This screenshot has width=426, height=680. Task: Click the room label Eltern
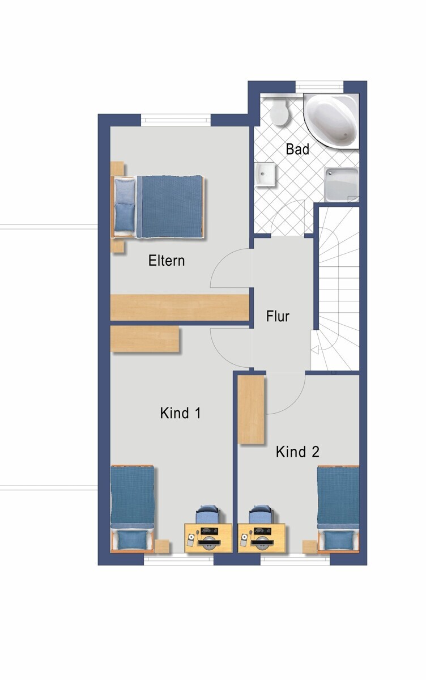click(x=167, y=261)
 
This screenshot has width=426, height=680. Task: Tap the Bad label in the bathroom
click(x=297, y=150)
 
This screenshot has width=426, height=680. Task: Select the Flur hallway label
click(x=278, y=316)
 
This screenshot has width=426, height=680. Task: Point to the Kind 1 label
click(x=181, y=413)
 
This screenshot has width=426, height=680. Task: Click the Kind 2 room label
click(x=297, y=452)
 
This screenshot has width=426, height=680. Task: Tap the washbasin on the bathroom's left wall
click(x=265, y=175)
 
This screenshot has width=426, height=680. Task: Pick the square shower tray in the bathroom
click(x=342, y=184)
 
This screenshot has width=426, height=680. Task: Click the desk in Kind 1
click(x=208, y=538)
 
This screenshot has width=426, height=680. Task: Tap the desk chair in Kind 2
click(x=260, y=515)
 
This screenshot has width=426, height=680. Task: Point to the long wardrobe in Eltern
click(x=180, y=307)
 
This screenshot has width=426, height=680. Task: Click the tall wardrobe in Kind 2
click(x=251, y=410)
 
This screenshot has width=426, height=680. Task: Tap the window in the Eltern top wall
click(x=176, y=120)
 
